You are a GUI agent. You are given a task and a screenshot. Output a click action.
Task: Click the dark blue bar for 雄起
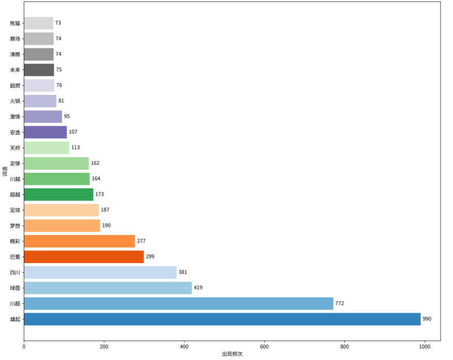[x=222, y=319]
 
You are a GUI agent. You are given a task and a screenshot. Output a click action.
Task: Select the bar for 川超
[x=178, y=303]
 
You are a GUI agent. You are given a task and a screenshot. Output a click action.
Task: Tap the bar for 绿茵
[x=108, y=288]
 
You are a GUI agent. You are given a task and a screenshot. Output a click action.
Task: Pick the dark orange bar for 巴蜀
[x=84, y=257]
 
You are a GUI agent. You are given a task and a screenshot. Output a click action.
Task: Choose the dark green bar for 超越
[x=59, y=194]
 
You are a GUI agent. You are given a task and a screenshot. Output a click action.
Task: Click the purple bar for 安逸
[x=45, y=132]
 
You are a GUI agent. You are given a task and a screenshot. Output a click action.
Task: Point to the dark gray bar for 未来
[x=39, y=70]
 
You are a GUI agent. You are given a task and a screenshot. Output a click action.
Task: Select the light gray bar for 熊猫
[x=39, y=23]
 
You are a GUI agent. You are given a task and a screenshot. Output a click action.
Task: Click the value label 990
[x=427, y=319]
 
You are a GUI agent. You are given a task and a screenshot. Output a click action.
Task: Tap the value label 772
[x=340, y=303]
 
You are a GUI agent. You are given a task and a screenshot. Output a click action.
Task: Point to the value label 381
[x=182, y=272]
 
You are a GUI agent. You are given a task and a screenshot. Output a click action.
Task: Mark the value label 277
[x=141, y=241]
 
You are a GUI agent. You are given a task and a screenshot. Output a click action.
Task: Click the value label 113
[x=75, y=148]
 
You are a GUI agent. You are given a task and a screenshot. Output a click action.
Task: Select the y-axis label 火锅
[x=15, y=101]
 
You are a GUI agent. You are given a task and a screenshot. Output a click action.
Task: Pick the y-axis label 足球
[x=15, y=210]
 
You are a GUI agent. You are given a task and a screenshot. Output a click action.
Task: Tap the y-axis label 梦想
[x=15, y=226]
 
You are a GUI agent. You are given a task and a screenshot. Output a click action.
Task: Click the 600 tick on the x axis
[x=264, y=347]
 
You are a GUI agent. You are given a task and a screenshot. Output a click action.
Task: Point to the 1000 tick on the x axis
[x=425, y=347]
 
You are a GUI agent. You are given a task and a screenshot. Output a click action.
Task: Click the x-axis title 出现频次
[x=232, y=354]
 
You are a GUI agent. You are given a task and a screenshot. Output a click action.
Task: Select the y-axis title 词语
[x=5, y=171]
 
